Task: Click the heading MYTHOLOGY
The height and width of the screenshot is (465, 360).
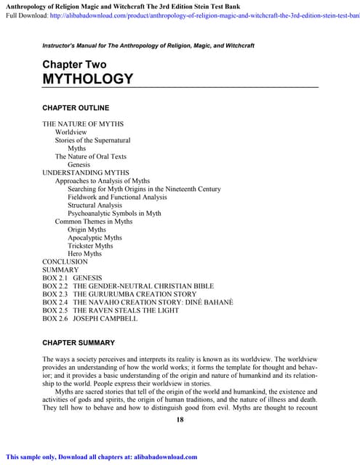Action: tap(88, 78)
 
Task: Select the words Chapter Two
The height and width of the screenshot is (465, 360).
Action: tap(74, 65)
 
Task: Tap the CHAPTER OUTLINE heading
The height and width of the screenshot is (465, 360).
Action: tap(76, 108)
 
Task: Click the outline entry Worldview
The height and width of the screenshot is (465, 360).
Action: tap(71, 133)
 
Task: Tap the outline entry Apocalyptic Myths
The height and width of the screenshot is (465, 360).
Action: tap(95, 238)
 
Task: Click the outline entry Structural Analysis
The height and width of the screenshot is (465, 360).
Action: tap(95, 206)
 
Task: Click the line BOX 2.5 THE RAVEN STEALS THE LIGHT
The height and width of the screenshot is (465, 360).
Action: tap(111, 310)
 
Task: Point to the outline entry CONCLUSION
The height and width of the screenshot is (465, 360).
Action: tap(65, 262)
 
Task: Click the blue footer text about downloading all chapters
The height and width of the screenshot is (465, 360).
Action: tap(102, 457)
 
